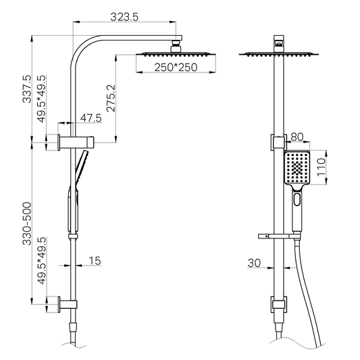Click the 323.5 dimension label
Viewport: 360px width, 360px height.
tap(124, 17)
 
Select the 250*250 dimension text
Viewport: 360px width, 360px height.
tap(176, 68)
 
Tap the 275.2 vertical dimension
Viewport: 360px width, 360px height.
tap(111, 98)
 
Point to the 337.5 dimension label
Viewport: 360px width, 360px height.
tap(26, 89)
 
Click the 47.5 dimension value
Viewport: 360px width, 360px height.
tap(91, 118)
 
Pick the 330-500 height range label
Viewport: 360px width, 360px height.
tap(26, 224)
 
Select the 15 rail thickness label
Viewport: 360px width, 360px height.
tap(95, 261)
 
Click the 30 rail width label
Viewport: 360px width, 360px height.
tap(254, 263)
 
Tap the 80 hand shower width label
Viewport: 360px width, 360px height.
tap(297, 137)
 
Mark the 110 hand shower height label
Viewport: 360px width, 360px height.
tap(322, 167)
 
